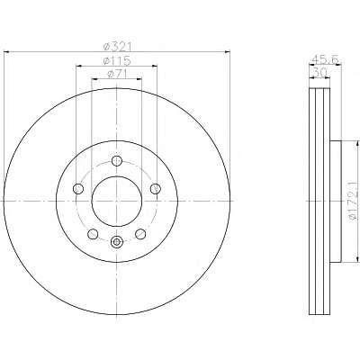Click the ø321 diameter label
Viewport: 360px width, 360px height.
[118, 47]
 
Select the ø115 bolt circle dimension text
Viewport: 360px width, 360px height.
[117, 61]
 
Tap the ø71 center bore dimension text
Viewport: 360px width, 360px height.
[117, 74]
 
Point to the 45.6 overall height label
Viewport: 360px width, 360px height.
[325, 59]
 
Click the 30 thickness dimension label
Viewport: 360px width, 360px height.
[319, 72]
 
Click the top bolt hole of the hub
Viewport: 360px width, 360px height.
[117, 161]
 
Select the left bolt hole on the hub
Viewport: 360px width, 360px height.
[78, 189]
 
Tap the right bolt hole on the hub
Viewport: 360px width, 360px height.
[155, 189]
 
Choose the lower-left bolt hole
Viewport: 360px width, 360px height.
[93, 234]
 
